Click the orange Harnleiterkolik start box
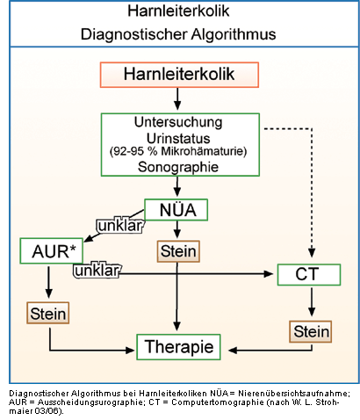tap(179, 75)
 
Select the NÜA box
tap(176, 210)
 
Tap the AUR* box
tap(52, 251)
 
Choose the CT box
tap(309, 274)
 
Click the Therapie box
tap(178, 347)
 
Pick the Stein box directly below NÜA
tap(178, 251)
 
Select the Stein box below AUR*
tap(48, 313)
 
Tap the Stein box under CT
tap(311, 331)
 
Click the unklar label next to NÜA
tap(120, 226)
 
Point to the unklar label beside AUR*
tap(97, 271)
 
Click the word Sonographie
tap(178, 167)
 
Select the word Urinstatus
tap(178, 138)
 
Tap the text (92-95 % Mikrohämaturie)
tap(178, 151)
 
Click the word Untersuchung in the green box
tap(178, 122)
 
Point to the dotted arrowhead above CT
tap(312, 253)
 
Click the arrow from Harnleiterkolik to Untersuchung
tap(177, 99)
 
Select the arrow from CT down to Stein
tap(312, 301)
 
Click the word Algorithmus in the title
tap(234, 34)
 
